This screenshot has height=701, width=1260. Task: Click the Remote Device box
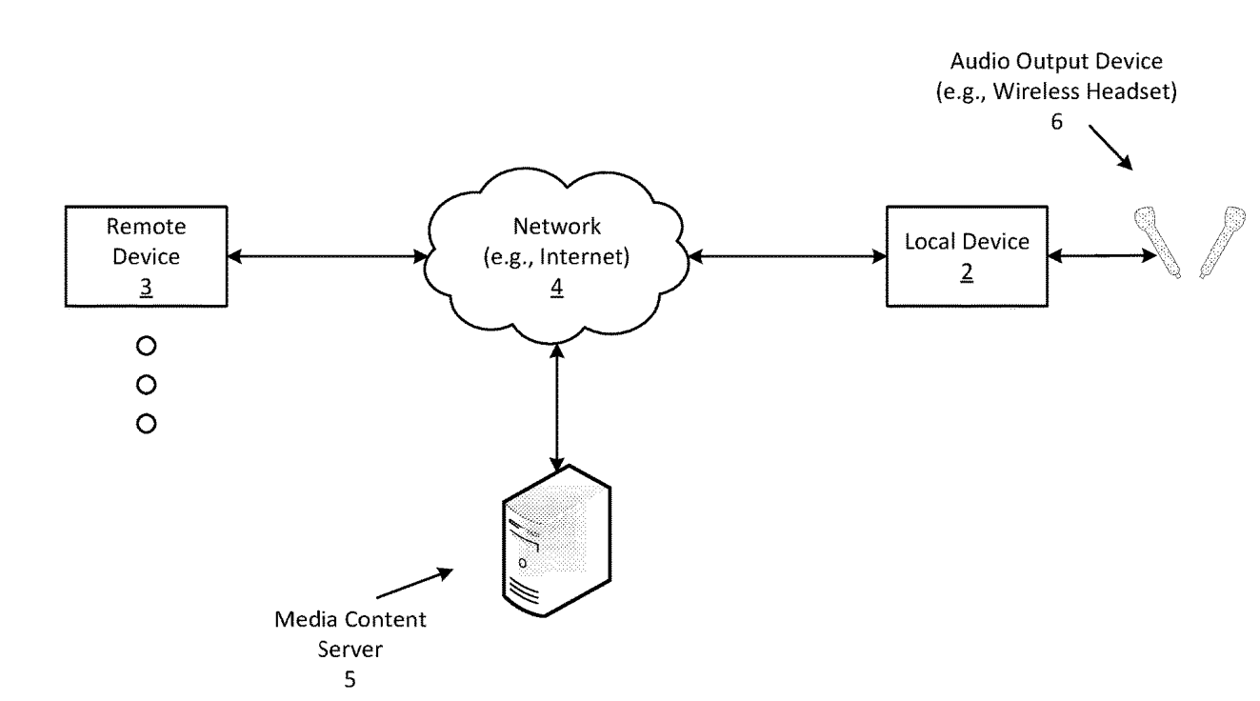tap(145, 256)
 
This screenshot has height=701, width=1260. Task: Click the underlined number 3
tap(146, 284)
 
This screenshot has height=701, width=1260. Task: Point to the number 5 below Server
tap(350, 681)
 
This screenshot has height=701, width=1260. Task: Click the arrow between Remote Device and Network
tap(328, 255)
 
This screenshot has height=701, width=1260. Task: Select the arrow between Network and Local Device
tap(786, 255)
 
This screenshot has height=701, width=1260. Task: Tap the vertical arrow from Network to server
tap(557, 408)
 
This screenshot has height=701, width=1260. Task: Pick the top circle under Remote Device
tap(146, 346)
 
